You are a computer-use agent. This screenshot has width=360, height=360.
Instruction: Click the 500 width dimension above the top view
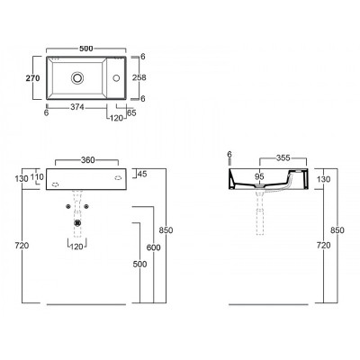(x=85, y=49)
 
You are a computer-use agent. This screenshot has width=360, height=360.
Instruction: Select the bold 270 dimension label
(x=32, y=78)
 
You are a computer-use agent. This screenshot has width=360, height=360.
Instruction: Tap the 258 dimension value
(x=139, y=77)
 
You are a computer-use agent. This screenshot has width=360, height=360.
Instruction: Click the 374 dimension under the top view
(x=77, y=107)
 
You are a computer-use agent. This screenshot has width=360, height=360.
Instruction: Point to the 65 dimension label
(x=131, y=112)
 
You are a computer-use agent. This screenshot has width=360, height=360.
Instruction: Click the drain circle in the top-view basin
(x=77, y=77)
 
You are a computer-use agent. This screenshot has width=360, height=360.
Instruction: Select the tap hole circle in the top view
(x=116, y=78)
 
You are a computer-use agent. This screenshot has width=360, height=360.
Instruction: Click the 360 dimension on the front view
(x=88, y=160)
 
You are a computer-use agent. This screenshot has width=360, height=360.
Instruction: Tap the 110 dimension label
(x=38, y=177)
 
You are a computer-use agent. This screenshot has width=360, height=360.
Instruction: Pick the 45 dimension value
(x=142, y=174)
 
